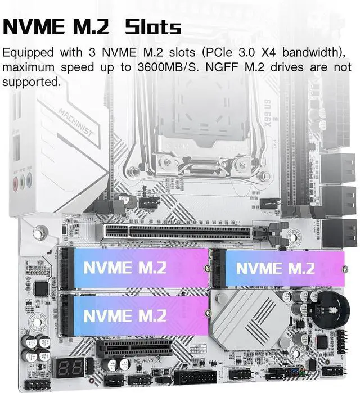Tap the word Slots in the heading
pos(152,26)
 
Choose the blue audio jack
pos(29,180)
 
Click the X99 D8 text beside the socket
pos(268,116)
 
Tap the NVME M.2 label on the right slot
pos(275,268)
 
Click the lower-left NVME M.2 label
pos(125,315)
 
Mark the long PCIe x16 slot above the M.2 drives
pos(177,231)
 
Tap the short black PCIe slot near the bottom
pos(134,347)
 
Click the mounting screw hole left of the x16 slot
pos(39,232)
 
